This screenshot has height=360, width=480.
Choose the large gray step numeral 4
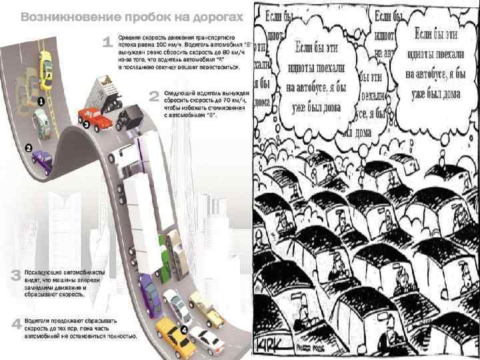(x=15, y=325)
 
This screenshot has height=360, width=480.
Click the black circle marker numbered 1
(x=40, y=101)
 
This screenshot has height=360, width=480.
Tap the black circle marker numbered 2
(x=29, y=147)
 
